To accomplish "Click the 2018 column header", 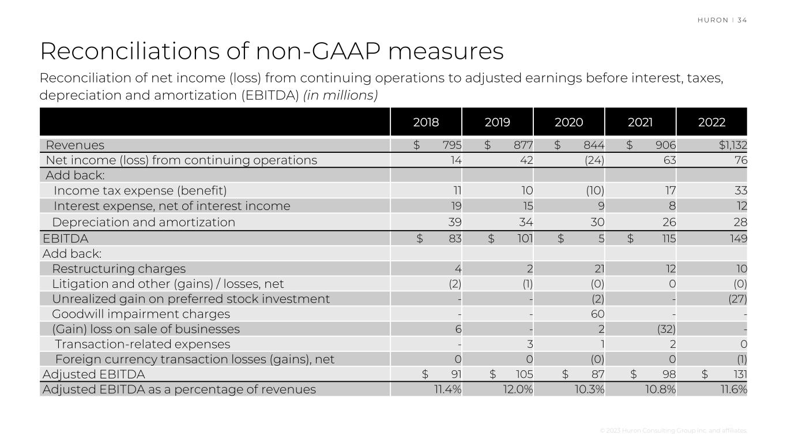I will pos(426,122).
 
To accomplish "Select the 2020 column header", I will pos(568,122).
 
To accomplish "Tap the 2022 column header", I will pos(711,122).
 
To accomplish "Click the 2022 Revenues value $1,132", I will pos(732,145).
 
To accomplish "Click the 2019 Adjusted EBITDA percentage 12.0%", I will pos(518,389).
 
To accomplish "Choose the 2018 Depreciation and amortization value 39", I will pos(455,222).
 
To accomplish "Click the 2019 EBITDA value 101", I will pos(525,238).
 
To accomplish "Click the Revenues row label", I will pos(75,145).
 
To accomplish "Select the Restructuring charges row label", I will pos(119,269).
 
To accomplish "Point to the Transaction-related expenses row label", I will pos(142,344).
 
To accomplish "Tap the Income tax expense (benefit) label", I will pos(140,190).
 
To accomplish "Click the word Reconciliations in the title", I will pos(127,51).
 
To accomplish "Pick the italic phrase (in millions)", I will pos(340,95).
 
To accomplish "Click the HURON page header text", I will pos(713,20).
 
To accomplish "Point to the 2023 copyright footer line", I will pos(673,431).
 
